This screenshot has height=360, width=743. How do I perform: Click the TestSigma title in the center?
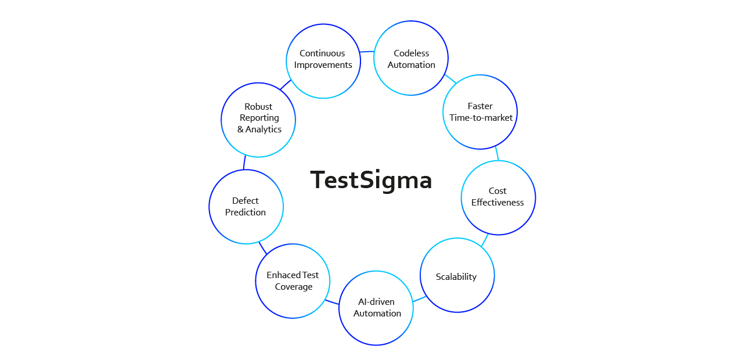[x=371, y=180]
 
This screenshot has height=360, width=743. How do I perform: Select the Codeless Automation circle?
[x=411, y=58]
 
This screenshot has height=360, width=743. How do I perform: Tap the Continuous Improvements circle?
[x=323, y=61]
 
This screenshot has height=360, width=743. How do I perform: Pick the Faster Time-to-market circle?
[x=480, y=111]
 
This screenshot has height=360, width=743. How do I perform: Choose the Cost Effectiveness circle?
[x=498, y=197]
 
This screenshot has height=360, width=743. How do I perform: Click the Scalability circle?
[x=457, y=275]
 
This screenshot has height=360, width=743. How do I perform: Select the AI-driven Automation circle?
[x=376, y=308]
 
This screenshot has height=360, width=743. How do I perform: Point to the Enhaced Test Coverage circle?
[x=293, y=281]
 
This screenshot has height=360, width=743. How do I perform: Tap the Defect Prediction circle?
[x=246, y=207]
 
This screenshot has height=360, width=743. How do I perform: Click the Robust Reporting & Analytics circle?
[x=258, y=120]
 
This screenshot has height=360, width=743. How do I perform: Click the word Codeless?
[x=411, y=53]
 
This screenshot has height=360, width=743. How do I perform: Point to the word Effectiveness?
[x=497, y=203]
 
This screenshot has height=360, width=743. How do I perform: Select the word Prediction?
[x=246, y=213]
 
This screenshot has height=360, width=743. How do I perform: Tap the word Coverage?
[x=294, y=287]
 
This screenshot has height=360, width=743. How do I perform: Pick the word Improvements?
[x=323, y=65]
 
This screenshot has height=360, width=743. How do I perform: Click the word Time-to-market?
[x=481, y=118]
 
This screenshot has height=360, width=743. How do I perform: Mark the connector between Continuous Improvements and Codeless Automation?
[x=366, y=52]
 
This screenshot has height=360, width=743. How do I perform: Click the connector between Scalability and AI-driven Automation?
[x=419, y=299]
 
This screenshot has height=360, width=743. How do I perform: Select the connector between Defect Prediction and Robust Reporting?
[x=244, y=162]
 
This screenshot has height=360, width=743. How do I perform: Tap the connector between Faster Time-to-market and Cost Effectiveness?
[x=497, y=153]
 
